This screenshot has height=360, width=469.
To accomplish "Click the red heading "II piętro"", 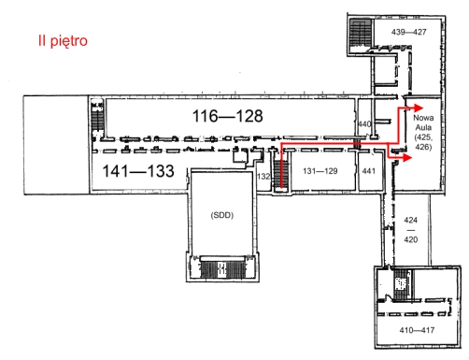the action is click(x=63, y=41).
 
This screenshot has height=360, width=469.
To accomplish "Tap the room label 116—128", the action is click(x=228, y=116).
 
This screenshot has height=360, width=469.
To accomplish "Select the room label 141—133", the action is click(x=138, y=171).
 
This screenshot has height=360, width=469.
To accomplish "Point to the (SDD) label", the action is click(x=222, y=215).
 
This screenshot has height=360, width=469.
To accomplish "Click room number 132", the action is click(x=263, y=177).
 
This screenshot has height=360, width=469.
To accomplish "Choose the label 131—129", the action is click(x=320, y=171).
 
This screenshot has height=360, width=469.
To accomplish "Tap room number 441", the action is click(x=369, y=171).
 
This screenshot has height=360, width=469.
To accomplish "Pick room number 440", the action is click(x=364, y=124).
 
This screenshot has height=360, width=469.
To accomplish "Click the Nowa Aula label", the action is click(x=423, y=122).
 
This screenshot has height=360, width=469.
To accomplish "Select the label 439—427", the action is click(x=409, y=32).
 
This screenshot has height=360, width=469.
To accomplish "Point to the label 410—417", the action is click(x=417, y=330).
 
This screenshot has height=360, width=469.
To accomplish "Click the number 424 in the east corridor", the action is click(x=411, y=220).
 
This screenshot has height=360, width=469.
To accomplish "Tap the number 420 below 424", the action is click(x=411, y=239).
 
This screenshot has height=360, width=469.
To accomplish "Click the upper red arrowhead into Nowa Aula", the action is click(x=419, y=108).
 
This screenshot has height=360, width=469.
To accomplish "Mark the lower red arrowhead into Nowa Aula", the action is click(x=407, y=158).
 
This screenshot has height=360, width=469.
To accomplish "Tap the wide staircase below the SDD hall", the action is click(x=222, y=269).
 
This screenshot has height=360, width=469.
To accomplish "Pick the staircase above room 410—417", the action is click(x=402, y=284).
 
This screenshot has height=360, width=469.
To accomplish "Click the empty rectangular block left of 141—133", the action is click(x=56, y=145).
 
